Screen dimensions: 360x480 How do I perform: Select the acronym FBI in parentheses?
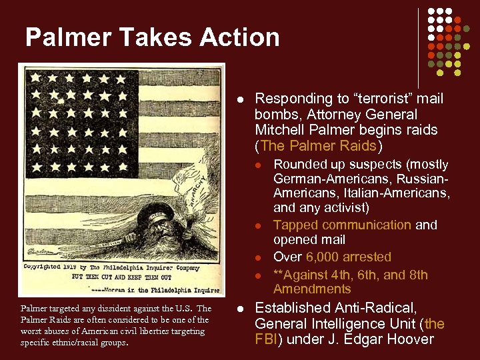(270, 339)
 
